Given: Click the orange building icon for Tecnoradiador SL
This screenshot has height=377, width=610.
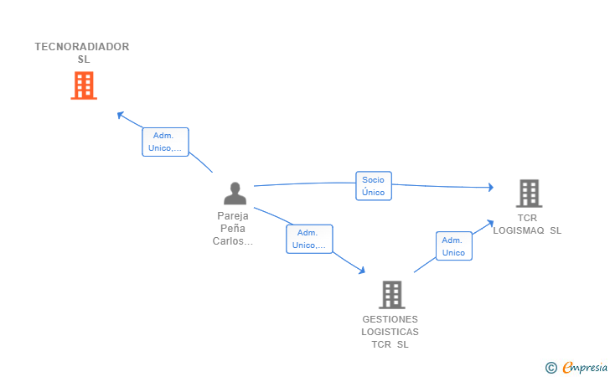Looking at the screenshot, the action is click(84, 85).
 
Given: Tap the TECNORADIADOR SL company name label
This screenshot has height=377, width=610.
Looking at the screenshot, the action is click(82, 53).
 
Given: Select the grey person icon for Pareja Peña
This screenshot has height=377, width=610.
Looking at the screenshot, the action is click(235, 194).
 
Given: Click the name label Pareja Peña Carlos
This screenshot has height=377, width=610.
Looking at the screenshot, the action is click(233, 229).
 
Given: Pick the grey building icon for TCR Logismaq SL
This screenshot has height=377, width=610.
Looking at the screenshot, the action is click(529, 194).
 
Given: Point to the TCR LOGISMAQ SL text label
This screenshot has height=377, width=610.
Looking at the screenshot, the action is click(527, 224).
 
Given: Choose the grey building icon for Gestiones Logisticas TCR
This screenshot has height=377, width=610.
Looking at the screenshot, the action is click(392, 295).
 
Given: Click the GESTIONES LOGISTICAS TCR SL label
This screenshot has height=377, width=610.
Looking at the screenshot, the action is click(390, 332).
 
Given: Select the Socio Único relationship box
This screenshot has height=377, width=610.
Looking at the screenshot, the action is click(374, 186).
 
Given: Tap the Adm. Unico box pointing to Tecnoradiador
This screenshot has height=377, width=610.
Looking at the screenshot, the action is click(165, 142).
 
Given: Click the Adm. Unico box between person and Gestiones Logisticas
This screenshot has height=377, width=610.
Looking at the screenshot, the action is click(309, 239).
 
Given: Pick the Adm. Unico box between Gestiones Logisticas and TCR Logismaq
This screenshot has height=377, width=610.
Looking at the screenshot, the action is click(453, 245).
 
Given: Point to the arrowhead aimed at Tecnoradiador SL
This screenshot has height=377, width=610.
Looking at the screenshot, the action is click(120, 115).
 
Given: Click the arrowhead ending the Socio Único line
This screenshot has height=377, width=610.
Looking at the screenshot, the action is click(491, 188).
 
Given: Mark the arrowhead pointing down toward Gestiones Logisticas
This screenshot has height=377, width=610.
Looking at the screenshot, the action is click(362, 271).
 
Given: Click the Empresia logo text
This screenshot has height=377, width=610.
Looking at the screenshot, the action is click(585, 367).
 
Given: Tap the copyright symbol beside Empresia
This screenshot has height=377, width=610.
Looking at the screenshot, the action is click(551, 368).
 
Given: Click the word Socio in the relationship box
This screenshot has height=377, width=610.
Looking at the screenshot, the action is click(373, 180).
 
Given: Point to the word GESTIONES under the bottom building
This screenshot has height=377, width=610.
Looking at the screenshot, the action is click(390, 319).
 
